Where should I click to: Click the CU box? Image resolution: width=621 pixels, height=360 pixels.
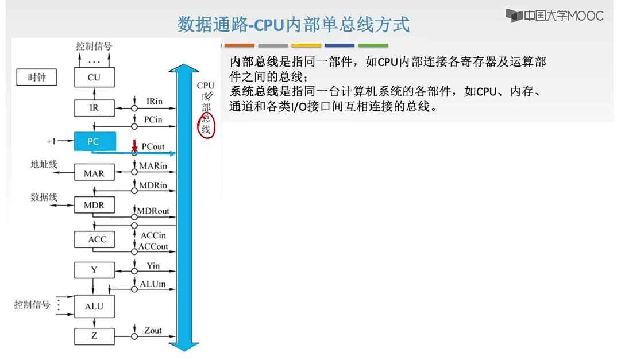tap(94, 77)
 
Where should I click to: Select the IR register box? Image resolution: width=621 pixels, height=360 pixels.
tap(94, 108)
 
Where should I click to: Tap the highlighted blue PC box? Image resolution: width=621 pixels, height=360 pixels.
tap(95, 141)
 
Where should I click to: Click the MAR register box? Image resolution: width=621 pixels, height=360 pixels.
tap(94, 173)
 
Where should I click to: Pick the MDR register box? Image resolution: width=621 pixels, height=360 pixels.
tap(94, 205)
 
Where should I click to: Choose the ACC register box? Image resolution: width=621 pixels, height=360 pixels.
tap(94, 239)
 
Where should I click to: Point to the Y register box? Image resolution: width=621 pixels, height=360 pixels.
tap(94, 270)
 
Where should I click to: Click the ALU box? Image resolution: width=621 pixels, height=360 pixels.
tap(94, 306)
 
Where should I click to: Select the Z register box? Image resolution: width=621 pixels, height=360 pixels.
tap(94, 336)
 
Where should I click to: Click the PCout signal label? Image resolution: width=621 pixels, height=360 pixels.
tap(153, 147)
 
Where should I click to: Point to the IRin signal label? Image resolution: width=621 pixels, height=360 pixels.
tap(154, 102)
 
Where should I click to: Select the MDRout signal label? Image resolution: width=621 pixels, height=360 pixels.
tap(153, 211)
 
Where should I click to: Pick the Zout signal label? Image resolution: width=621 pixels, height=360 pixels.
tap(153, 330)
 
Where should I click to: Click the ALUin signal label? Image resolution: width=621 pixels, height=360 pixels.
tap(153, 284)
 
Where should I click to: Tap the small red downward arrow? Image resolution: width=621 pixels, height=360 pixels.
tap(134, 145)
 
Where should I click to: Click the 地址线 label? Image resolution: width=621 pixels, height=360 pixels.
tap(44, 164)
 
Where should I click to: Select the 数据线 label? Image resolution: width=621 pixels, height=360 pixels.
tap(44, 197)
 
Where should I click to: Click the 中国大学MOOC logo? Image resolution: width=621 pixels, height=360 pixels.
tap(554, 16)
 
